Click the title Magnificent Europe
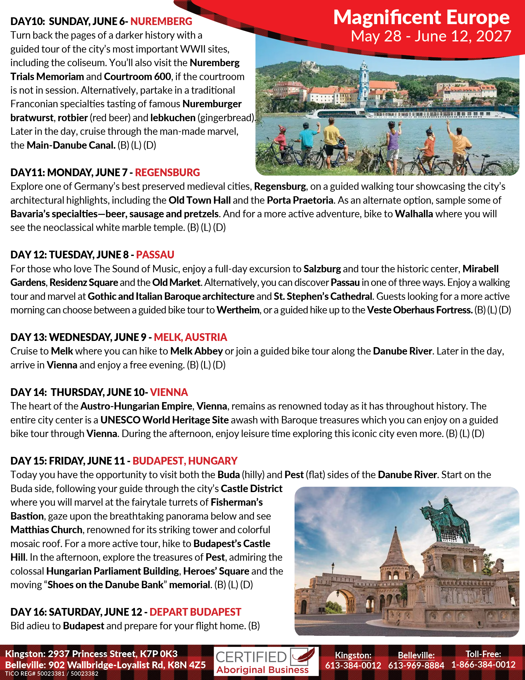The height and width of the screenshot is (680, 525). [421, 17]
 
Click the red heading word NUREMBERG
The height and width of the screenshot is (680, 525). [161, 22]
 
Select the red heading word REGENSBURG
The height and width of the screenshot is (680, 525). [167, 172]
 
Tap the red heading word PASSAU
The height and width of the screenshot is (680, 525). [155, 255]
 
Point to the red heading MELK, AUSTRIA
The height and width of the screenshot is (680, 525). [190, 337]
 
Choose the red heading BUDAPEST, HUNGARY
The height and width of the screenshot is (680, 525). [185, 461]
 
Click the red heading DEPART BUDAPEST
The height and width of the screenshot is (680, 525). [195, 612]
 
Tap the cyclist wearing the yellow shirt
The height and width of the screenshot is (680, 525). [332, 137]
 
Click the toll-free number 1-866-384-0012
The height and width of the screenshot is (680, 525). [483, 665]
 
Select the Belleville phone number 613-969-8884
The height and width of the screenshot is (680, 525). [416, 665]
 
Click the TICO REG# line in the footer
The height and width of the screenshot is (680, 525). [52, 674]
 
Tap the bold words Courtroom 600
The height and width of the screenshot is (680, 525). [137, 77]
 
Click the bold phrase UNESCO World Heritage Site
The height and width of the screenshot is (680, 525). [165, 420]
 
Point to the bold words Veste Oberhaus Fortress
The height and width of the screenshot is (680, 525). [420, 310]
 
